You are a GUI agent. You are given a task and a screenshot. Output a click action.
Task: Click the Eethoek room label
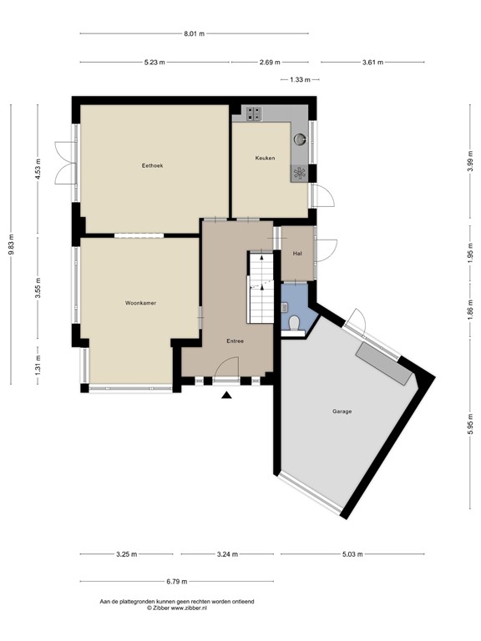click(152, 166)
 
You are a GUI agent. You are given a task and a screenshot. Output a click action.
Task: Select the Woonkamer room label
click(141, 303)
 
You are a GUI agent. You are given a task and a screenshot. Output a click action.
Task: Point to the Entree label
click(236, 341)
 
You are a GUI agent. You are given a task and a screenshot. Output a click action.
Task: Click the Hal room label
click(296, 253)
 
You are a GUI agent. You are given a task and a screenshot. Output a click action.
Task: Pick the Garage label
click(342, 411)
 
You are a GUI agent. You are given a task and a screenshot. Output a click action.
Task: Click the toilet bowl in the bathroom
click(294, 323)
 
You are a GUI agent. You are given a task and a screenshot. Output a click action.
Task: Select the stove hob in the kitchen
click(299, 173)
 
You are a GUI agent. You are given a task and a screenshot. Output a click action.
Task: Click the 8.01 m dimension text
click(194, 33)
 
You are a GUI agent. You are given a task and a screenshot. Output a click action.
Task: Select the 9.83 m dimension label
click(12, 244)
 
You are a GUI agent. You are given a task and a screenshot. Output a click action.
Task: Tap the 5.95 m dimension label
click(471, 427)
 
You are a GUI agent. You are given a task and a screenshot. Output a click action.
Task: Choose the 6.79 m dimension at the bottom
click(175, 582)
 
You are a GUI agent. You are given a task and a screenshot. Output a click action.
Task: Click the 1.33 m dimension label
click(300, 80)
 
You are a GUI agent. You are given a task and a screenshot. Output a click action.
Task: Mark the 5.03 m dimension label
click(353, 553)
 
